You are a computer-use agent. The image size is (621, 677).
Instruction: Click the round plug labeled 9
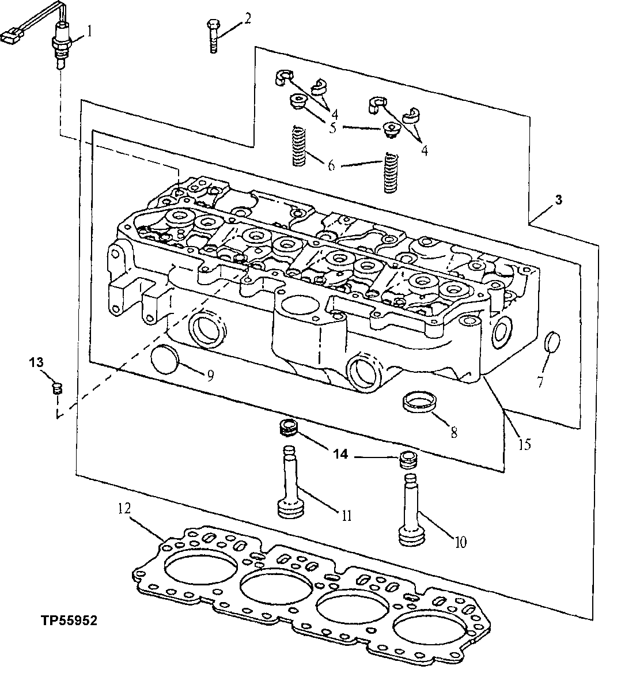(x=164, y=361)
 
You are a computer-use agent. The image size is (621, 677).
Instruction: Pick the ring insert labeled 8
(x=419, y=402)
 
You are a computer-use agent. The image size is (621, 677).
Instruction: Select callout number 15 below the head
(x=524, y=444)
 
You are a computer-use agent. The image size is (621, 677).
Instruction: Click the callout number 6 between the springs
(x=331, y=165)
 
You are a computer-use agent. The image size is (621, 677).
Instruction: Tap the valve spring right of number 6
(x=391, y=171)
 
